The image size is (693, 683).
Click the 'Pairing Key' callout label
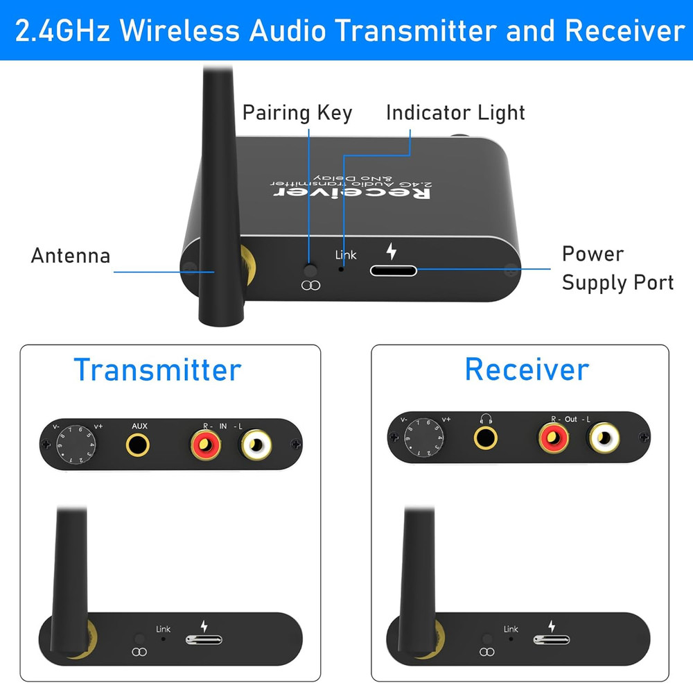297,113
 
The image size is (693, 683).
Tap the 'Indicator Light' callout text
455,113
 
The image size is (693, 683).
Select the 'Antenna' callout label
70,256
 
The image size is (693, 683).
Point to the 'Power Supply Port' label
617,268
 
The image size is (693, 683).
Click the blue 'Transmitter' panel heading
157,370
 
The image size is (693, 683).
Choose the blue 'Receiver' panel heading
527,369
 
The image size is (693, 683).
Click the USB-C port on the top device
393,269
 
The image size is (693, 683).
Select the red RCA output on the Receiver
554,438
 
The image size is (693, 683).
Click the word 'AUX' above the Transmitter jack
139,425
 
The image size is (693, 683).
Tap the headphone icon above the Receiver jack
485,419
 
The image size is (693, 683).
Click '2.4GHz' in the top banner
60,31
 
